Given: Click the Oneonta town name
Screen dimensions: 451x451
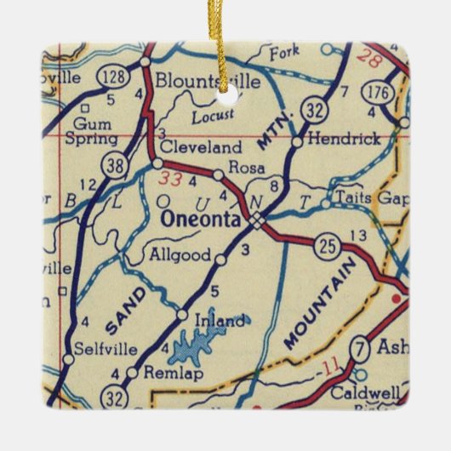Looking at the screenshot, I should point(202,219).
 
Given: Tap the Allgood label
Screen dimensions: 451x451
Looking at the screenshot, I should point(180,254).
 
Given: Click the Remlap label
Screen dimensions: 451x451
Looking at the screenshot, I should point(161,373).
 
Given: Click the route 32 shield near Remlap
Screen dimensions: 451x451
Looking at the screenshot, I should point(114,396).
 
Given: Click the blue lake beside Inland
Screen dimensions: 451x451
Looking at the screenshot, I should point(207,345).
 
